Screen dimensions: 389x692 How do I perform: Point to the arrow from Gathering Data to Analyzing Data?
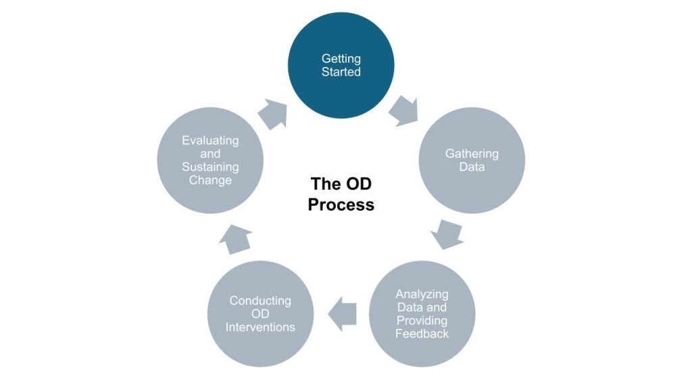[x=447, y=233]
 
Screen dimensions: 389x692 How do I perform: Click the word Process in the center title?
[x=341, y=204]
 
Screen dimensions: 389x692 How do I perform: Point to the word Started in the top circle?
[x=341, y=72]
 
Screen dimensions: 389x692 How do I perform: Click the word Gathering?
[x=472, y=154]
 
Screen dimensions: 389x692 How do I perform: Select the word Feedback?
[x=422, y=334]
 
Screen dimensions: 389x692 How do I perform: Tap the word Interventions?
[x=260, y=327]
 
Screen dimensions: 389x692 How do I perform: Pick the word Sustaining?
[x=210, y=167]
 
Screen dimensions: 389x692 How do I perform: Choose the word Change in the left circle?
[x=210, y=180]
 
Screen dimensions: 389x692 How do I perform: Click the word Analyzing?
[x=422, y=294]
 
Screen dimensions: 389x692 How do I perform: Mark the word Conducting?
[x=260, y=301]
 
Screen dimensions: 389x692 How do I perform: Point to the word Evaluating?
[x=210, y=140]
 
